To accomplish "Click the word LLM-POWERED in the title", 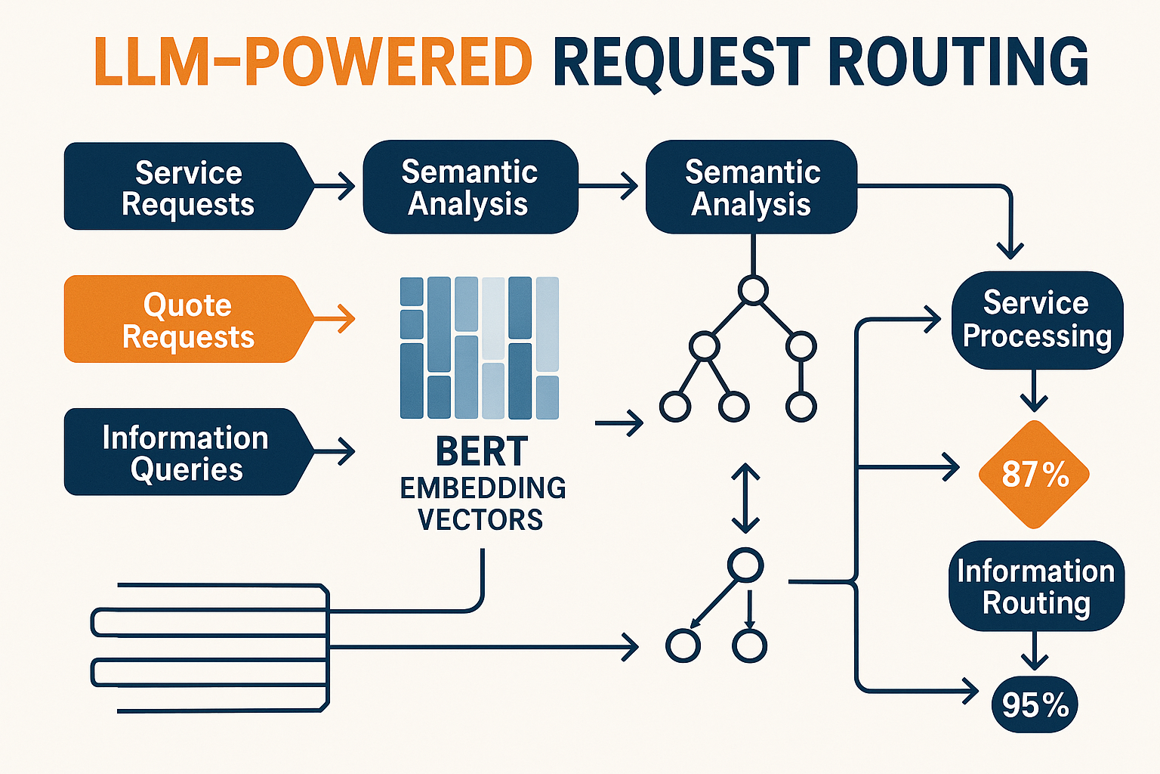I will [x=313, y=62].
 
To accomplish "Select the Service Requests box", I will [x=187, y=187].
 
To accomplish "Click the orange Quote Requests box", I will [x=187, y=320].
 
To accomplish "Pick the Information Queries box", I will [x=186, y=453].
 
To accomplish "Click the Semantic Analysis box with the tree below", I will [x=751, y=187].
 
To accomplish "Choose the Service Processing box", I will [x=1036, y=320].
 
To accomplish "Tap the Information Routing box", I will [x=1036, y=587].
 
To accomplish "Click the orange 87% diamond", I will [x=1034, y=475].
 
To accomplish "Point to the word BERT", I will [x=482, y=453].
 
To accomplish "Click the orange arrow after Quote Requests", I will [x=335, y=319].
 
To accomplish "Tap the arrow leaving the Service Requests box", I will [x=335, y=186].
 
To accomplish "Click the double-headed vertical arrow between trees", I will [x=745, y=498].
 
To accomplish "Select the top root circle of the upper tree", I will [x=753, y=290].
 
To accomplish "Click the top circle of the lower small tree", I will [x=745, y=565].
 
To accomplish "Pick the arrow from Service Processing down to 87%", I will [x=1034, y=391].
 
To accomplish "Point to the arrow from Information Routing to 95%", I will [x=1034, y=651].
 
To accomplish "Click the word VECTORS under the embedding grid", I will [x=480, y=520].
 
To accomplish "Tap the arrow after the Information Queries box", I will [x=335, y=452].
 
